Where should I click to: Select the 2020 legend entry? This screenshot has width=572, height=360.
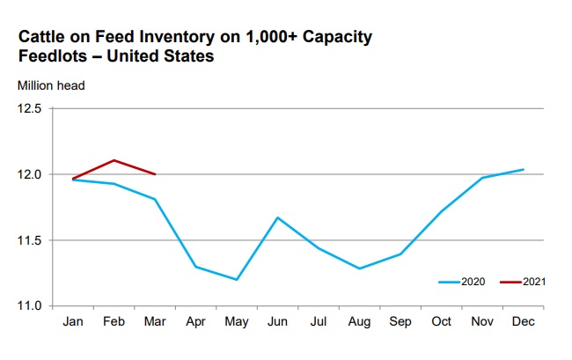458,282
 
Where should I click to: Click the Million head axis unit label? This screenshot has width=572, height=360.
52,86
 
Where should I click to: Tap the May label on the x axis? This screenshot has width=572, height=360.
237,323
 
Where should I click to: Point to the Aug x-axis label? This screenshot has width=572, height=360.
358,323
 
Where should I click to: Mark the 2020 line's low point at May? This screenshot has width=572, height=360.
236,279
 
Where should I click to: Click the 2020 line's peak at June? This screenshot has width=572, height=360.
278,217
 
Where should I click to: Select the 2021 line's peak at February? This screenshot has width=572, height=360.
114,160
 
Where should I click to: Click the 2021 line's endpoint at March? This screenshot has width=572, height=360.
155,174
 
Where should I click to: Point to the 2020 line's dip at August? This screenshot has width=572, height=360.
358,268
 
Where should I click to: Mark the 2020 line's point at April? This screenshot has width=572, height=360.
195,266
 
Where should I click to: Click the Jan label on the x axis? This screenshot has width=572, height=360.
73,323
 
